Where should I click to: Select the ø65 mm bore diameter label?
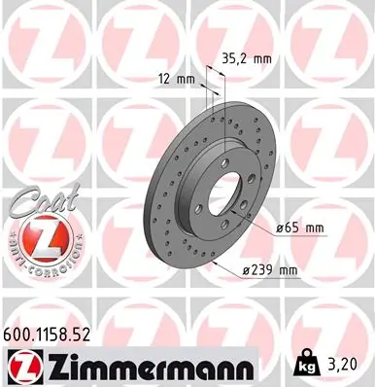[x=299, y=228]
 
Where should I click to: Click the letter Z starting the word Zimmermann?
[x=55, y=368]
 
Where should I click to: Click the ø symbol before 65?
[x=280, y=228]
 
